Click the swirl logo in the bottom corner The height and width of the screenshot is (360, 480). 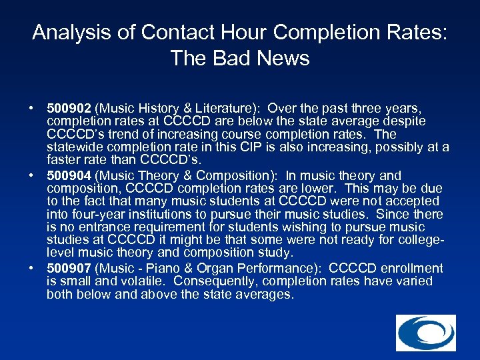pos(425,333)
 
